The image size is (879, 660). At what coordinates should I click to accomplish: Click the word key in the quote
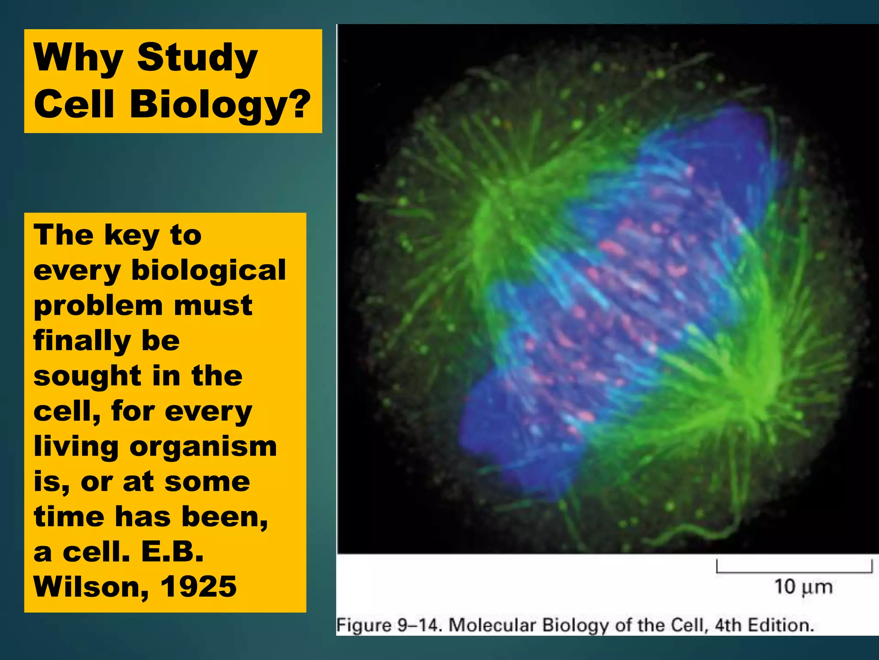click(x=131, y=236)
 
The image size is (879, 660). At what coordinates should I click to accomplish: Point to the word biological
click(x=209, y=270)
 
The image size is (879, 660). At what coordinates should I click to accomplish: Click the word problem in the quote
click(x=98, y=306)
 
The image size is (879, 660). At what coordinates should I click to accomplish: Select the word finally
click(x=82, y=341)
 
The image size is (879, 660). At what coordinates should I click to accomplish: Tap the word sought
click(x=87, y=376)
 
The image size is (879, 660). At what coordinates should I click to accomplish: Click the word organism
click(x=203, y=447)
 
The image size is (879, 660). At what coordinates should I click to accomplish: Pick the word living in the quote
click(x=76, y=447)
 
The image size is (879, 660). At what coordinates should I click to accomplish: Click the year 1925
click(x=198, y=587)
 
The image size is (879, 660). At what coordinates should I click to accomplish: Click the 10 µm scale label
click(x=803, y=587)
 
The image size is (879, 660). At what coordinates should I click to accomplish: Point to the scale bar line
click(x=794, y=571)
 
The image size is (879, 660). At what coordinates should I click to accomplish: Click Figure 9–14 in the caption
click(x=388, y=625)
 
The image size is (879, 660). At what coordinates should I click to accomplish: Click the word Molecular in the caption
click(x=492, y=625)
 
